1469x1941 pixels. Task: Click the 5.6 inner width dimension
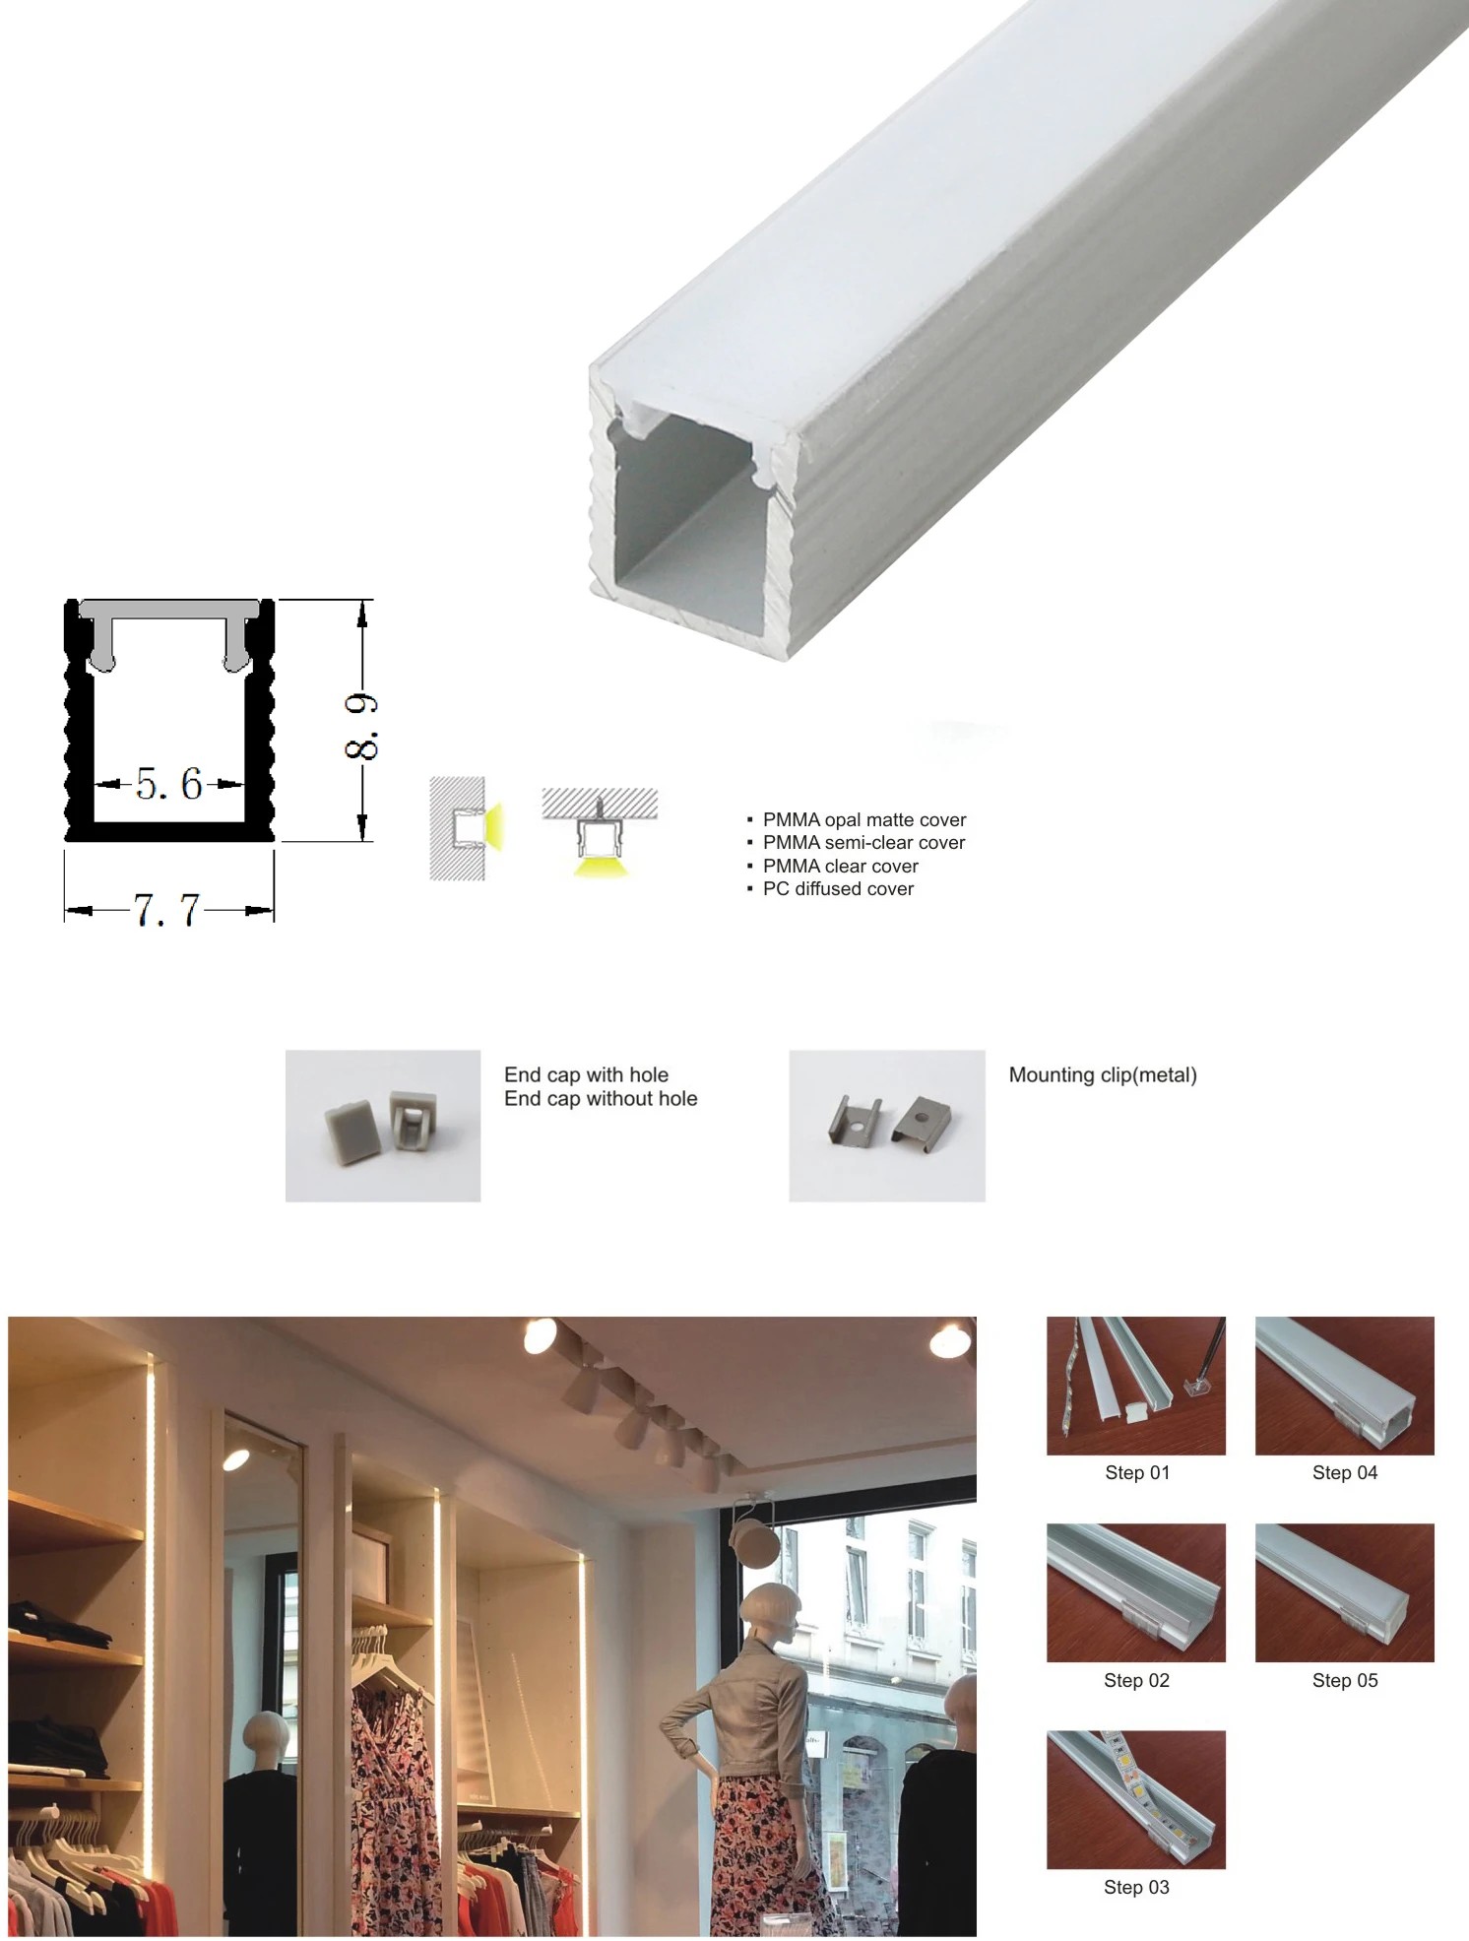coord(168,784)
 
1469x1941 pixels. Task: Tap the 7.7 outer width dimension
coord(166,910)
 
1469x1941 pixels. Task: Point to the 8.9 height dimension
coord(361,726)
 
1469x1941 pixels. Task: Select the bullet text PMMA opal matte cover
coord(863,819)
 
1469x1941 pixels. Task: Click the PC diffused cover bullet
coord(837,888)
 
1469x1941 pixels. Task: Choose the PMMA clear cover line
coord(840,866)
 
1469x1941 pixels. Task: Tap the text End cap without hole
coord(600,1098)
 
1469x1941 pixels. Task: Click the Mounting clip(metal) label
coord(1102,1074)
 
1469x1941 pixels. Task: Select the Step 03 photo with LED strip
coord(1135,1799)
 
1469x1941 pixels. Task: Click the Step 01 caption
coord(1136,1472)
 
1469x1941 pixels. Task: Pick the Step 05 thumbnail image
coord(1344,1592)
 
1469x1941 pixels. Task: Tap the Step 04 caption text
coord(1344,1472)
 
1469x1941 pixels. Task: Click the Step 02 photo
coord(1135,1592)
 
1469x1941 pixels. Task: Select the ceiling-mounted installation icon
coord(600,831)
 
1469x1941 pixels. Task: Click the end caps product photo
coord(383,1126)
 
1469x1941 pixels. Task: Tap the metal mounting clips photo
coord(886,1126)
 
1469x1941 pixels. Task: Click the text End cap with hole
coord(586,1074)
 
